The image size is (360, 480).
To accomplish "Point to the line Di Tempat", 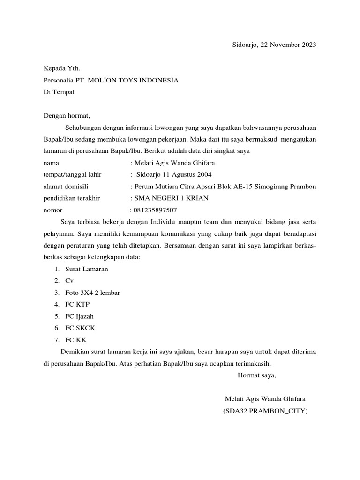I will click(59, 92).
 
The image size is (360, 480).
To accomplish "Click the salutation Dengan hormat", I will click(66, 116).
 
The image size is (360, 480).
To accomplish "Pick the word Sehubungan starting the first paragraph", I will click(82, 127).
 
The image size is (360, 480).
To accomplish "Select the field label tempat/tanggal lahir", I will click(73, 175).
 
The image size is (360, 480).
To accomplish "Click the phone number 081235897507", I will click(155, 210).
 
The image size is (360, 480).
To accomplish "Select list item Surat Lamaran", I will click(87, 269).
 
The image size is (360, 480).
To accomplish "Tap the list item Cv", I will click(69, 281).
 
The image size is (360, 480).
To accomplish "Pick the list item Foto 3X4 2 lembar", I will click(93, 292).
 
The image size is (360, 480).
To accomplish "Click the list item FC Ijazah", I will click(79, 316).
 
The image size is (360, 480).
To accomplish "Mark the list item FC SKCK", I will click(80, 328).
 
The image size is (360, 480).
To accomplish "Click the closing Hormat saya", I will click(257, 375).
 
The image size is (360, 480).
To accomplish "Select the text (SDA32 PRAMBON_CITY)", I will click(265, 411).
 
